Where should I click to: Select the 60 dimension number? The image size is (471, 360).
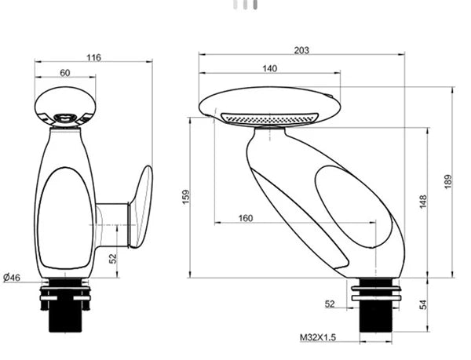pyautogui.click(x=64, y=72)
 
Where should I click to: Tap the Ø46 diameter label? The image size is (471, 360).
pyautogui.click(x=13, y=277)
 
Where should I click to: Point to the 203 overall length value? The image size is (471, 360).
pyautogui.click(x=301, y=50)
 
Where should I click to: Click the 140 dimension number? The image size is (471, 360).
pyautogui.click(x=269, y=68)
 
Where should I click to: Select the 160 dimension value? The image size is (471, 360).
pyautogui.click(x=245, y=218)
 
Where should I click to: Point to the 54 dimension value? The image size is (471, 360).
pyautogui.click(x=423, y=304)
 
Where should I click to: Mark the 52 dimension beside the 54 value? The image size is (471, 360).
pyautogui.click(x=329, y=304)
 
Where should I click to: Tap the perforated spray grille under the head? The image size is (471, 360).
pyautogui.click(x=267, y=118)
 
